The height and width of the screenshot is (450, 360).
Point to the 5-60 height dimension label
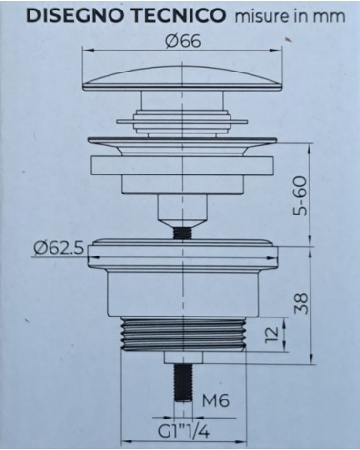[300, 196]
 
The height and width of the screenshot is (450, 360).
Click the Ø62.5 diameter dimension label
[58, 250]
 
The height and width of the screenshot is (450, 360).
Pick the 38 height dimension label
[300, 304]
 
